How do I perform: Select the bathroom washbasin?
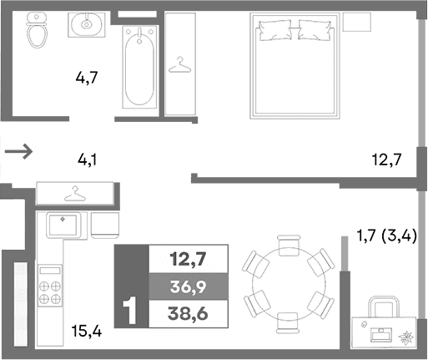tap(85, 25)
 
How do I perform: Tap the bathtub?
tap(139, 68)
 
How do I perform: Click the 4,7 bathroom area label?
tap(88, 79)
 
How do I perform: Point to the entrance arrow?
tap(18, 151)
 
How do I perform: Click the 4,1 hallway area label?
tap(88, 156)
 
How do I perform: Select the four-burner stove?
tap(49, 289)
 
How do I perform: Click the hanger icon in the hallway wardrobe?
tap(75, 193)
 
